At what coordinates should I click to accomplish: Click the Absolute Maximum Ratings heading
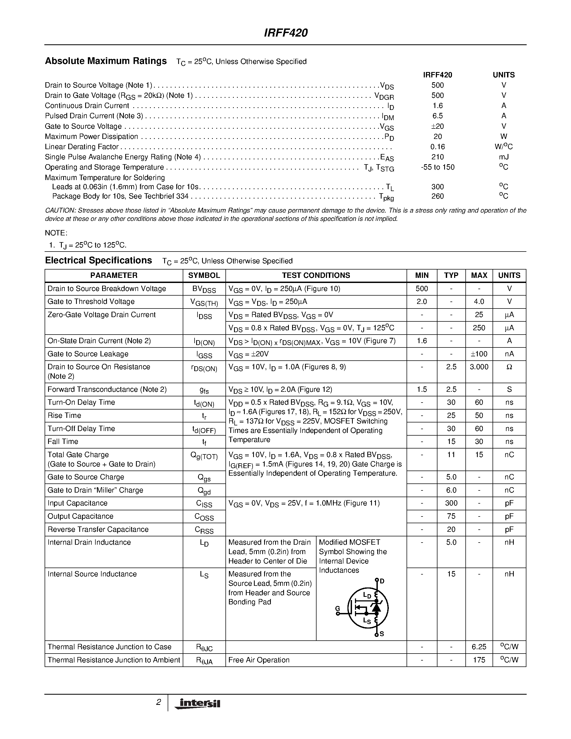(x=106, y=61)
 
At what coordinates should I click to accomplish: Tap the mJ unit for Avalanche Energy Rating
(x=503, y=157)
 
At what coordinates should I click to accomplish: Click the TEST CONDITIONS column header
(x=316, y=275)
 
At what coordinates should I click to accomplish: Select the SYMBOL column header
(x=204, y=275)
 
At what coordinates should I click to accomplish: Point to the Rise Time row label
(x=64, y=415)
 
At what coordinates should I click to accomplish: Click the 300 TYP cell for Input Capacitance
(x=451, y=503)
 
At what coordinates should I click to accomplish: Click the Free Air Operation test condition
(x=259, y=660)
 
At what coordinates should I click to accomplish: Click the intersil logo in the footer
(x=197, y=703)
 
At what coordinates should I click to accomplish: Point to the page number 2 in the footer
(x=158, y=702)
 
